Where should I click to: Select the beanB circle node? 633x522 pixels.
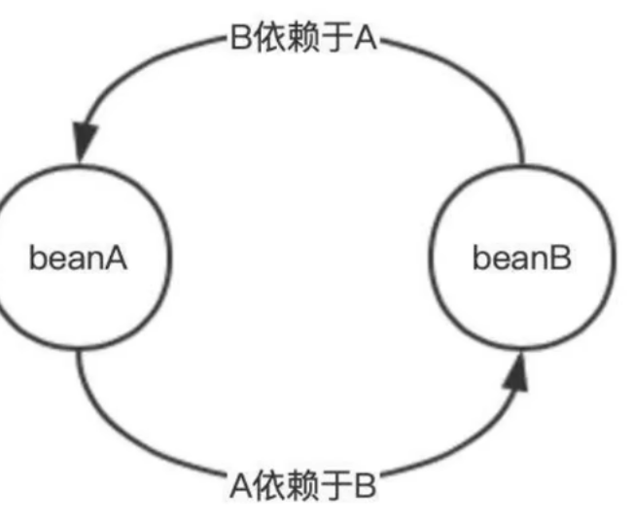point(523,261)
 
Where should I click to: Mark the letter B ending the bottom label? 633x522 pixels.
point(366,484)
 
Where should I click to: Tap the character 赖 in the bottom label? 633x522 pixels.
point(303,484)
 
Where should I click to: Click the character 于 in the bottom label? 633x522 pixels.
point(335,484)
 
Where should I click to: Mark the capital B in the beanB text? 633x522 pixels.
point(563,260)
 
